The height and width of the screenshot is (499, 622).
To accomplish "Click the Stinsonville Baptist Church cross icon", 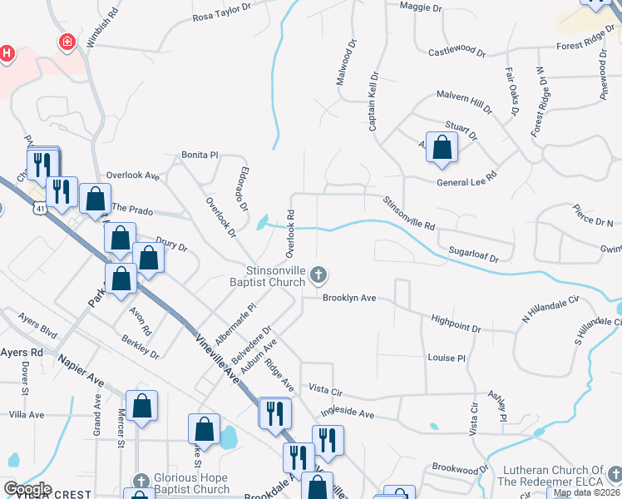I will [x=317, y=274].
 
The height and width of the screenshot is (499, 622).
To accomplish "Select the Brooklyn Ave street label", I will [x=350, y=297].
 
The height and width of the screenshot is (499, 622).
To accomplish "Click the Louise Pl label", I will [x=447, y=358].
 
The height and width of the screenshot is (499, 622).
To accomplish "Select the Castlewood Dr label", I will [x=457, y=52].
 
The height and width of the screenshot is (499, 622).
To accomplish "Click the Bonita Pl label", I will [x=200, y=155].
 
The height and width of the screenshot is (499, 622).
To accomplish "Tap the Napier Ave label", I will [x=80, y=371].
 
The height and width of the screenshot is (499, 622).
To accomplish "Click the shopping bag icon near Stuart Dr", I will [x=442, y=148].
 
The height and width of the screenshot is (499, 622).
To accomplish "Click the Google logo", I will [x=27, y=488].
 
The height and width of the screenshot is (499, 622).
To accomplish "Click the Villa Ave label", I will [x=26, y=414].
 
